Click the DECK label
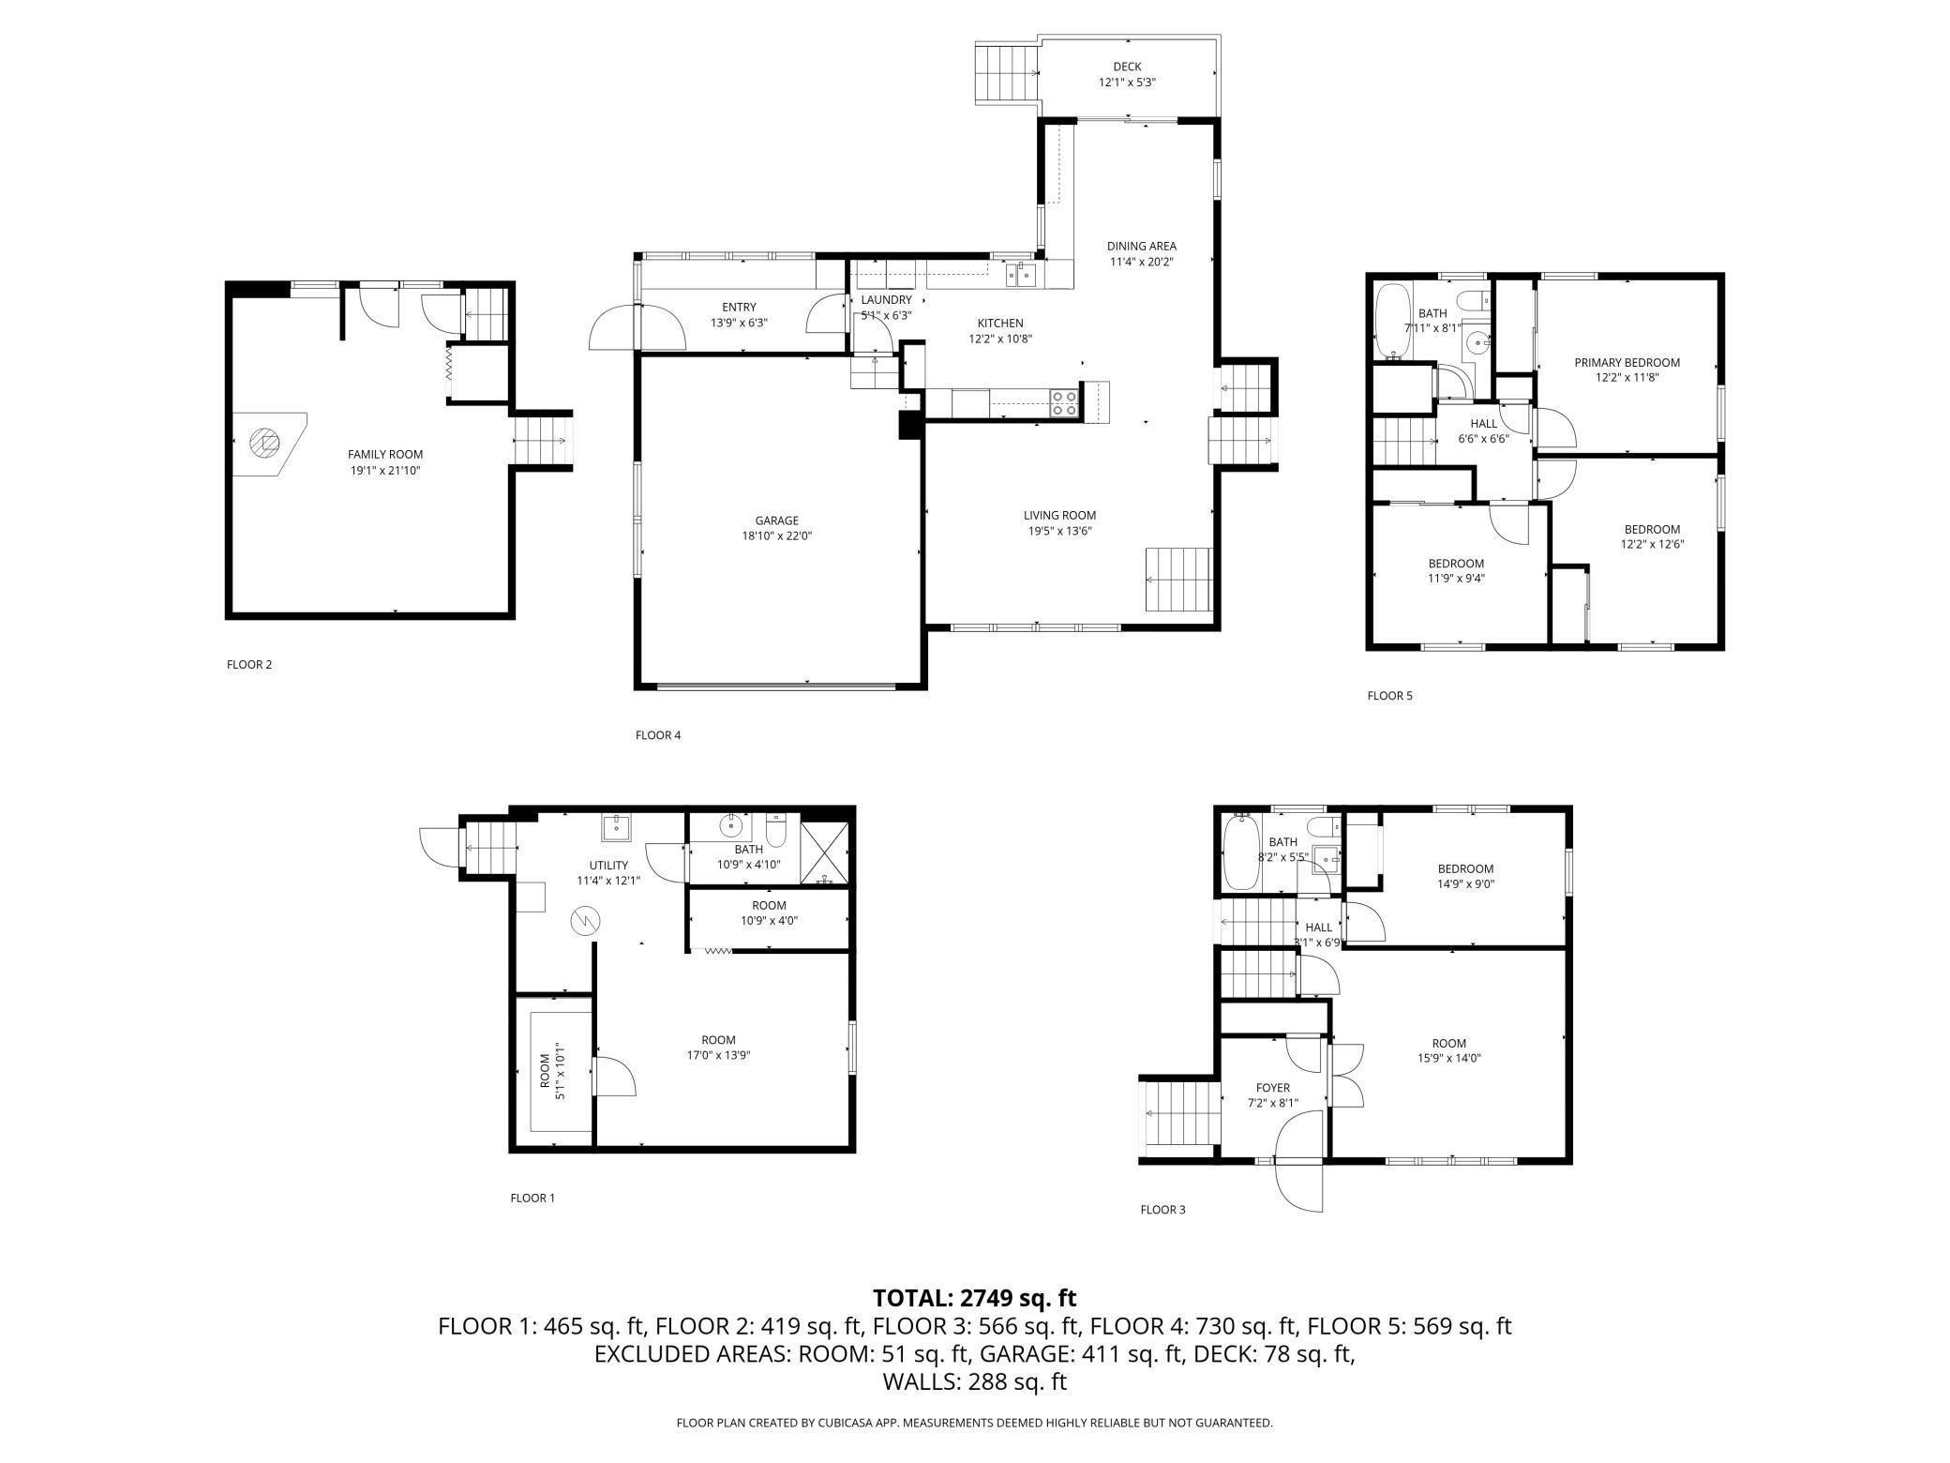point(1127,67)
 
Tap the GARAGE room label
point(777,520)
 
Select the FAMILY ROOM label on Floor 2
point(385,455)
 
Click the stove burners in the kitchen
point(1065,403)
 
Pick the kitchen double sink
point(1021,275)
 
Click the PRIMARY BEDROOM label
point(1627,363)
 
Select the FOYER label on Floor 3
point(1273,1088)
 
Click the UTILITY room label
point(608,866)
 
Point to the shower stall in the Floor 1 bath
point(825,852)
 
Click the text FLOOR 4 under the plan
point(658,735)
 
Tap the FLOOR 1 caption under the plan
point(532,1198)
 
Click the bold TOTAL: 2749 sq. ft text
point(975,1298)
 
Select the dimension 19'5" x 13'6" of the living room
point(1059,531)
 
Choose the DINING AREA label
point(1141,247)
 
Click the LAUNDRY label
point(886,300)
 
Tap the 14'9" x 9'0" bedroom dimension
point(1465,883)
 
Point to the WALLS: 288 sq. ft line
point(975,1381)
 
